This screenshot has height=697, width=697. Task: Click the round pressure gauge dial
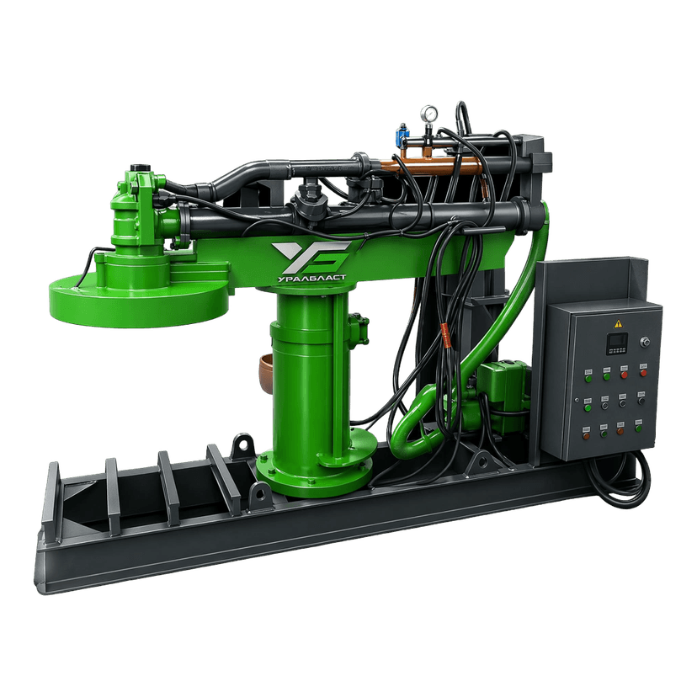pos(429,114)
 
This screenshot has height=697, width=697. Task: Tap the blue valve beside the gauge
pos(403,134)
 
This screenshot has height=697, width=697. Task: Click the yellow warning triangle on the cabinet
pos(618,323)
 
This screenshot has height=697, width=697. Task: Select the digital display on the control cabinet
pos(617,343)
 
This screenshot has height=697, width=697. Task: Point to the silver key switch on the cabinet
pos(644,342)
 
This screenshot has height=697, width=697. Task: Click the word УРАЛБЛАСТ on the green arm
pos(311,279)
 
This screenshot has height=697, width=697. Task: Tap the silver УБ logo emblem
pos(311,257)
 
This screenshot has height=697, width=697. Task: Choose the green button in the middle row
pos(588,407)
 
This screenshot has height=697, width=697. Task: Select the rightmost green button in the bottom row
pos(638,428)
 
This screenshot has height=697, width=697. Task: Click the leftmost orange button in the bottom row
pos(587,436)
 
